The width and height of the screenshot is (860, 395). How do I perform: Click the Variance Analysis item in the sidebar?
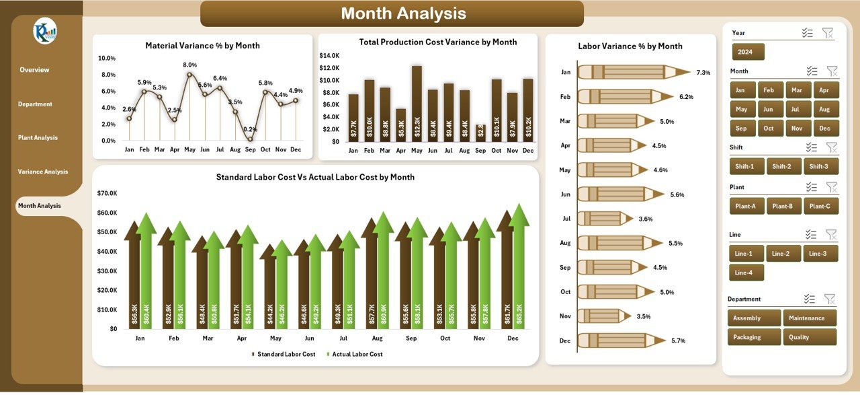click(x=43, y=172)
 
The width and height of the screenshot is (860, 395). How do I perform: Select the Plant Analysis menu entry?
click(x=38, y=138)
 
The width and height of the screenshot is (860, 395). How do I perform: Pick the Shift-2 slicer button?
click(x=782, y=166)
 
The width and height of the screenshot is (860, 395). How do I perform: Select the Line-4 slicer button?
click(x=746, y=273)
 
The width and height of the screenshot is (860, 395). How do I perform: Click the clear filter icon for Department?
click(x=830, y=299)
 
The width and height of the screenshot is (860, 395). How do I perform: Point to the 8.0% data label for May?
click(x=189, y=65)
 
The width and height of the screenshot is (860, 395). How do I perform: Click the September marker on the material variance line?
click(x=250, y=139)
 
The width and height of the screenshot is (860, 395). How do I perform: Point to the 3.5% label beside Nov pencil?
click(x=644, y=316)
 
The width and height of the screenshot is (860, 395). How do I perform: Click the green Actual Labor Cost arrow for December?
click(x=518, y=269)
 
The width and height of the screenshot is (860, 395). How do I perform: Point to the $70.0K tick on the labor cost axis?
click(x=107, y=193)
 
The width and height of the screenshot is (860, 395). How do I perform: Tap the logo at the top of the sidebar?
click(x=45, y=31)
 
